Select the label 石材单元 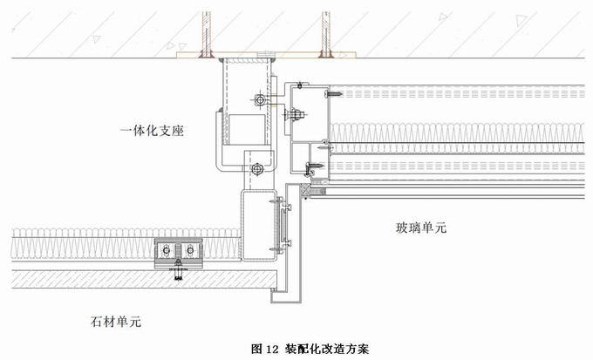(115, 322)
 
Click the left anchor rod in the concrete (207, 31)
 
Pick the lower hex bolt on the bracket (257, 168)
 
